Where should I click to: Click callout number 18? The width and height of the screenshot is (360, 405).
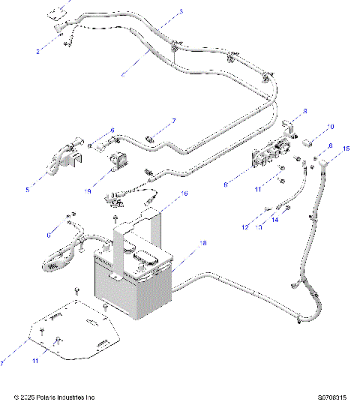click(202, 244)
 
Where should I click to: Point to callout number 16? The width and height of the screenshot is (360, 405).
click(184, 193)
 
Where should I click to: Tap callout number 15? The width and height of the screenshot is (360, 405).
click(346, 149)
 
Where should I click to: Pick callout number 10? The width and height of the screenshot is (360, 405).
click(331, 127)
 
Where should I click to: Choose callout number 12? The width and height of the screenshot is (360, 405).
click(244, 227)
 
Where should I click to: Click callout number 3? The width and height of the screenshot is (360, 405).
click(181, 13)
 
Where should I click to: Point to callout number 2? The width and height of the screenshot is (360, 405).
click(39, 52)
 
